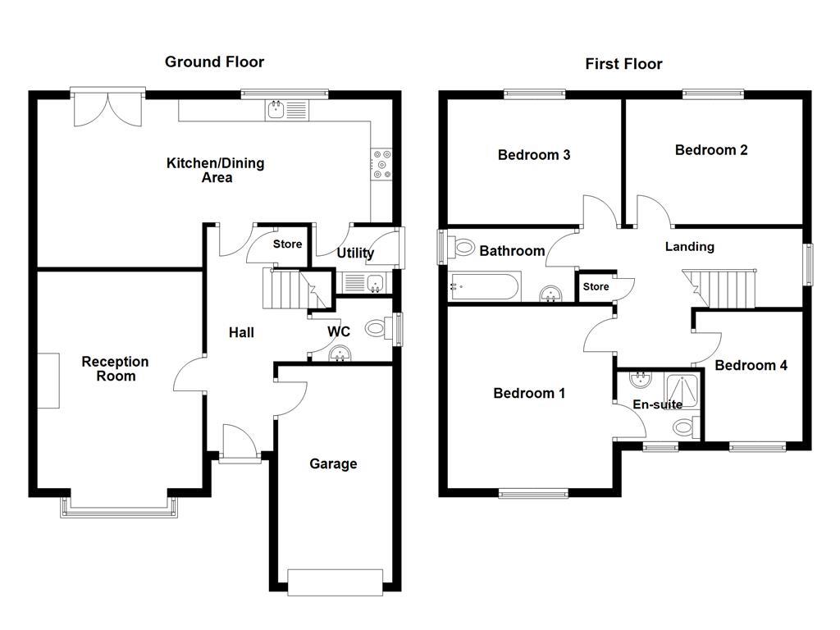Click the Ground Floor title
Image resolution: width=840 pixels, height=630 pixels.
214,62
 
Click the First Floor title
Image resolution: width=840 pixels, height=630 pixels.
623,64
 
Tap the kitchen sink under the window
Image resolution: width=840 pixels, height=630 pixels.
277,109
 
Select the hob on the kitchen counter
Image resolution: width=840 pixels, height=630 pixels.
381,163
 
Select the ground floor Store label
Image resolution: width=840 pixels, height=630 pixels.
287,244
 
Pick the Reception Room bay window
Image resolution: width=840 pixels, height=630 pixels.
118,507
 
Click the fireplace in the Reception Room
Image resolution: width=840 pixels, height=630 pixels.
48,381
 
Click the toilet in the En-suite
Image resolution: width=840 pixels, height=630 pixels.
683,427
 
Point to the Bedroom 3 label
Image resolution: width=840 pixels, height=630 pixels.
534,155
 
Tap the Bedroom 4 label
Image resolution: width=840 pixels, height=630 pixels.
751,366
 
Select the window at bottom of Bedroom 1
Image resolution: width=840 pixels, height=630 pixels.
533,493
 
